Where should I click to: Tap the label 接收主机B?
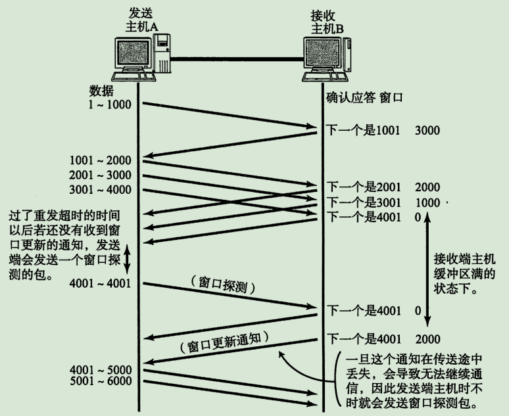pos(327,20)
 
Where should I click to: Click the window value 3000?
pos(428,130)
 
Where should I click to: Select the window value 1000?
pos(428,201)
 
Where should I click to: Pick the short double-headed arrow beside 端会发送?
pos(128,258)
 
